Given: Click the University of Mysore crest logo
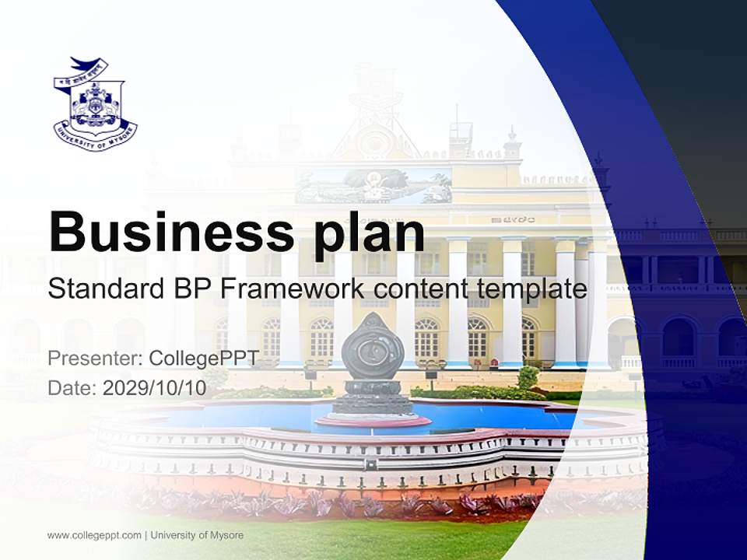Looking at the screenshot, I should pos(95,104).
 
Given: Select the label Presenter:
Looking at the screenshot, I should pos(94,359).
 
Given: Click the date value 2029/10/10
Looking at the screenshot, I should pos(154,388).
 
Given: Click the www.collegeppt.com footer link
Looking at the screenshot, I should pos(94,535).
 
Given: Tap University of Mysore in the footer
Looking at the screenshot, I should pos(197,535).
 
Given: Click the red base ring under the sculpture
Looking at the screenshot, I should pos(373,421).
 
